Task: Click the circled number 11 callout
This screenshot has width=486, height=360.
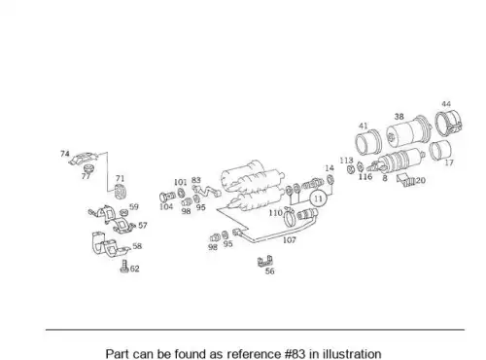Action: coord(318,198)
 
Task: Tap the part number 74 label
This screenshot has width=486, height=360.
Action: coord(65,154)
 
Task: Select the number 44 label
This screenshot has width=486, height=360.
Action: coord(446,104)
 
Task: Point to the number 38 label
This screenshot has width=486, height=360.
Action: coord(399,117)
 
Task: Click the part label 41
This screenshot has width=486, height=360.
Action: coord(364,126)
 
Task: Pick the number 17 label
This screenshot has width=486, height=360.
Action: coord(449,162)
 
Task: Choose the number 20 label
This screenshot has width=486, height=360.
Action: coord(420,180)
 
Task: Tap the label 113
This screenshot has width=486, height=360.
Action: coord(346,161)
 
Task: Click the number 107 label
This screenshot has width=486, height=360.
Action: coord(290,240)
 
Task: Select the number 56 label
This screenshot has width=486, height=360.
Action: coord(269,271)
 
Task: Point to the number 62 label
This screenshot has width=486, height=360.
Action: coord(134,269)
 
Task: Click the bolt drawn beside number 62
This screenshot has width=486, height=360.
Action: coord(124,267)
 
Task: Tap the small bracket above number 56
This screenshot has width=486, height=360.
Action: coord(265,261)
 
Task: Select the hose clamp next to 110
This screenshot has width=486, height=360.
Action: coord(290,218)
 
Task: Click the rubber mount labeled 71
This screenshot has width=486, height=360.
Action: coord(121,192)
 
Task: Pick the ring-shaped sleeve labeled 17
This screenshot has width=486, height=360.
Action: coord(440,150)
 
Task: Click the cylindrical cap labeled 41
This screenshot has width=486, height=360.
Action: coord(367,143)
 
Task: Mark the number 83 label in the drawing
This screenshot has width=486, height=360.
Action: coord(196,180)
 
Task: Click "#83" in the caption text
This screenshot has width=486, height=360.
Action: coord(295,354)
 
